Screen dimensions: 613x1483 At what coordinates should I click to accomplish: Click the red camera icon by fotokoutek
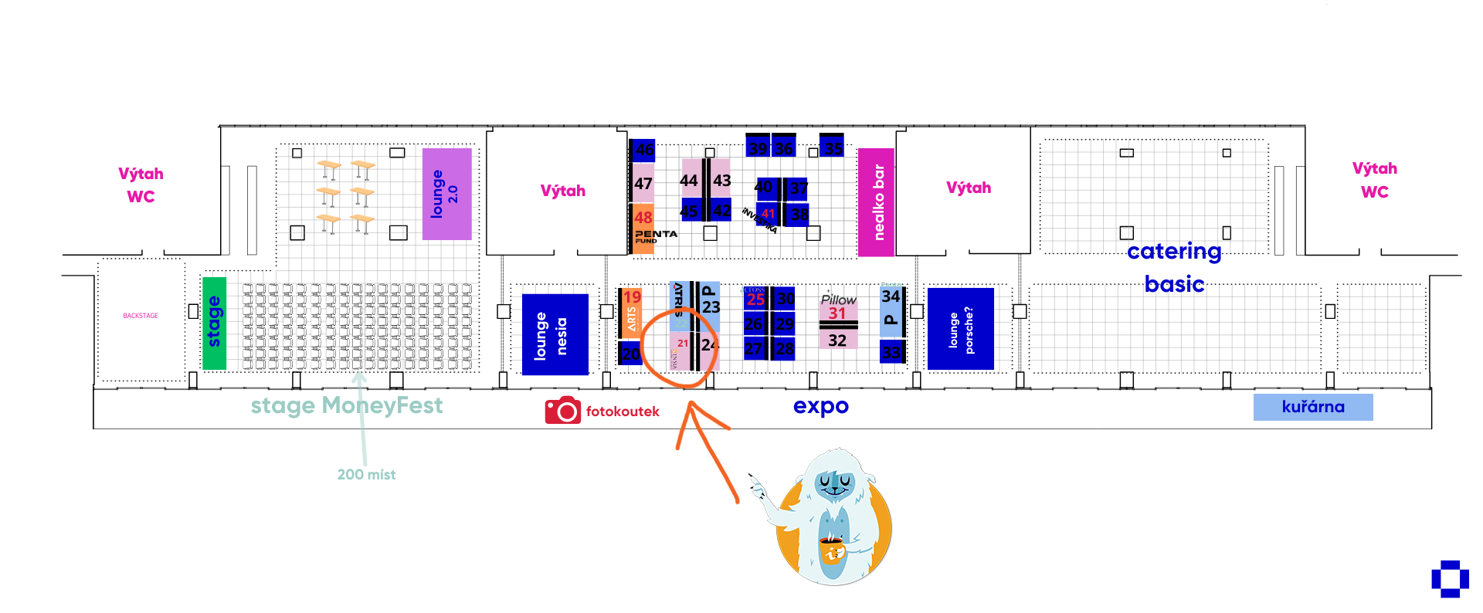pyautogui.click(x=562, y=411)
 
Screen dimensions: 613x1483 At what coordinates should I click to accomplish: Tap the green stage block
pyautogui.click(x=214, y=323)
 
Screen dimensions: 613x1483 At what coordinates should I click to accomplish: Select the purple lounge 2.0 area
pyautogui.click(x=446, y=194)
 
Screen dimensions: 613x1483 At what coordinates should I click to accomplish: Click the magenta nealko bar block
pyautogui.click(x=876, y=202)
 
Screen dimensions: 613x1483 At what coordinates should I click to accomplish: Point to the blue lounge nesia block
pyautogui.click(x=555, y=334)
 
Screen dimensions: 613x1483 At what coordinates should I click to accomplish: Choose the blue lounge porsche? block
pyautogui.click(x=960, y=329)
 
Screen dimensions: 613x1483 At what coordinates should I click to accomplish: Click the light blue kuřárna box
pyautogui.click(x=1312, y=407)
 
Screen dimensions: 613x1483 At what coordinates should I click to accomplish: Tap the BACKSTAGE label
pyautogui.click(x=141, y=316)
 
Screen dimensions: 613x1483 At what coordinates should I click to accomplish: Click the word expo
pyautogui.click(x=820, y=406)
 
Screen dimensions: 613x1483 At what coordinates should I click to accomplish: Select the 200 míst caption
pyautogui.click(x=366, y=475)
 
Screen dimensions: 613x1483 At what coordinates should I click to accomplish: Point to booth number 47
pyautogui.click(x=643, y=184)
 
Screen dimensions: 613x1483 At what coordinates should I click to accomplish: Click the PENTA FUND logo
pyautogui.click(x=655, y=235)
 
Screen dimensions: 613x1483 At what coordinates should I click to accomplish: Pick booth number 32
pyautogui.click(x=837, y=340)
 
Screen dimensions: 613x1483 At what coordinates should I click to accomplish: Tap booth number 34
pyautogui.click(x=891, y=296)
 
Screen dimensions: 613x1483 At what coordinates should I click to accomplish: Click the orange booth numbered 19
pyautogui.click(x=632, y=297)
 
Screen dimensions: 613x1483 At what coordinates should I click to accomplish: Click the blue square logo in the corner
pyautogui.click(x=1450, y=579)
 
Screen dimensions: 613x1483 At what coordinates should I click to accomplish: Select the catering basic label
pyautogui.click(x=1174, y=267)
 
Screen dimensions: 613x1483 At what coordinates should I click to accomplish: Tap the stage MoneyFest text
pyautogui.click(x=346, y=405)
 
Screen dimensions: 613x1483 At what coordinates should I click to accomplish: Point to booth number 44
pyautogui.click(x=688, y=181)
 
